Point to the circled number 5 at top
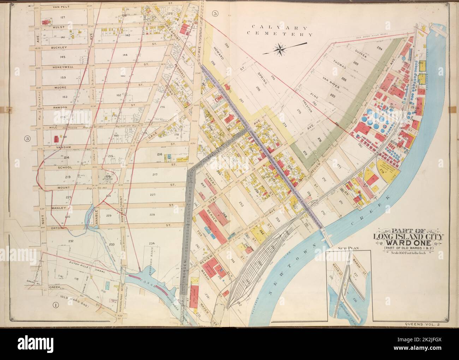tap(215, 13)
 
